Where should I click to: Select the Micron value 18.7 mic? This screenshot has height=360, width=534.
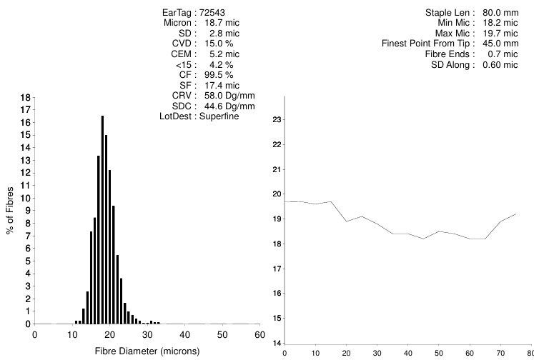pyautogui.click(x=222, y=23)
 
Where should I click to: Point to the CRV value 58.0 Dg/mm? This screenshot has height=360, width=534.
pyautogui.click(x=227, y=95)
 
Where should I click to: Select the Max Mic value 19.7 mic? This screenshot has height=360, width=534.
pyautogui.click(x=498, y=34)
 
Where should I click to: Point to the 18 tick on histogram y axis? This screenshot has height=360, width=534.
pyautogui.click(x=25, y=97)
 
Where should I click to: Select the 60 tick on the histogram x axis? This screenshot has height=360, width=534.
pyautogui.click(x=259, y=334)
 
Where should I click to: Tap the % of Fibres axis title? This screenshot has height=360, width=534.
pyautogui.click(x=10, y=210)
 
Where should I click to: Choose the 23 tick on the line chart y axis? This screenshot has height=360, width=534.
pyautogui.click(x=277, y=119)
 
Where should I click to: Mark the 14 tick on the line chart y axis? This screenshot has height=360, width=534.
pyautogui.click(x=277, y=343)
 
